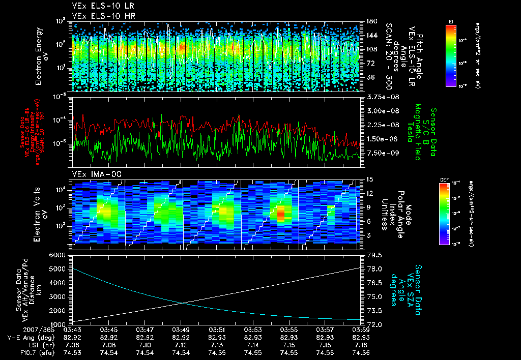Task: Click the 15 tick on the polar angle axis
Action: tap(369, 179)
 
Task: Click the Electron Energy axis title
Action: tap(41, 56)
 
